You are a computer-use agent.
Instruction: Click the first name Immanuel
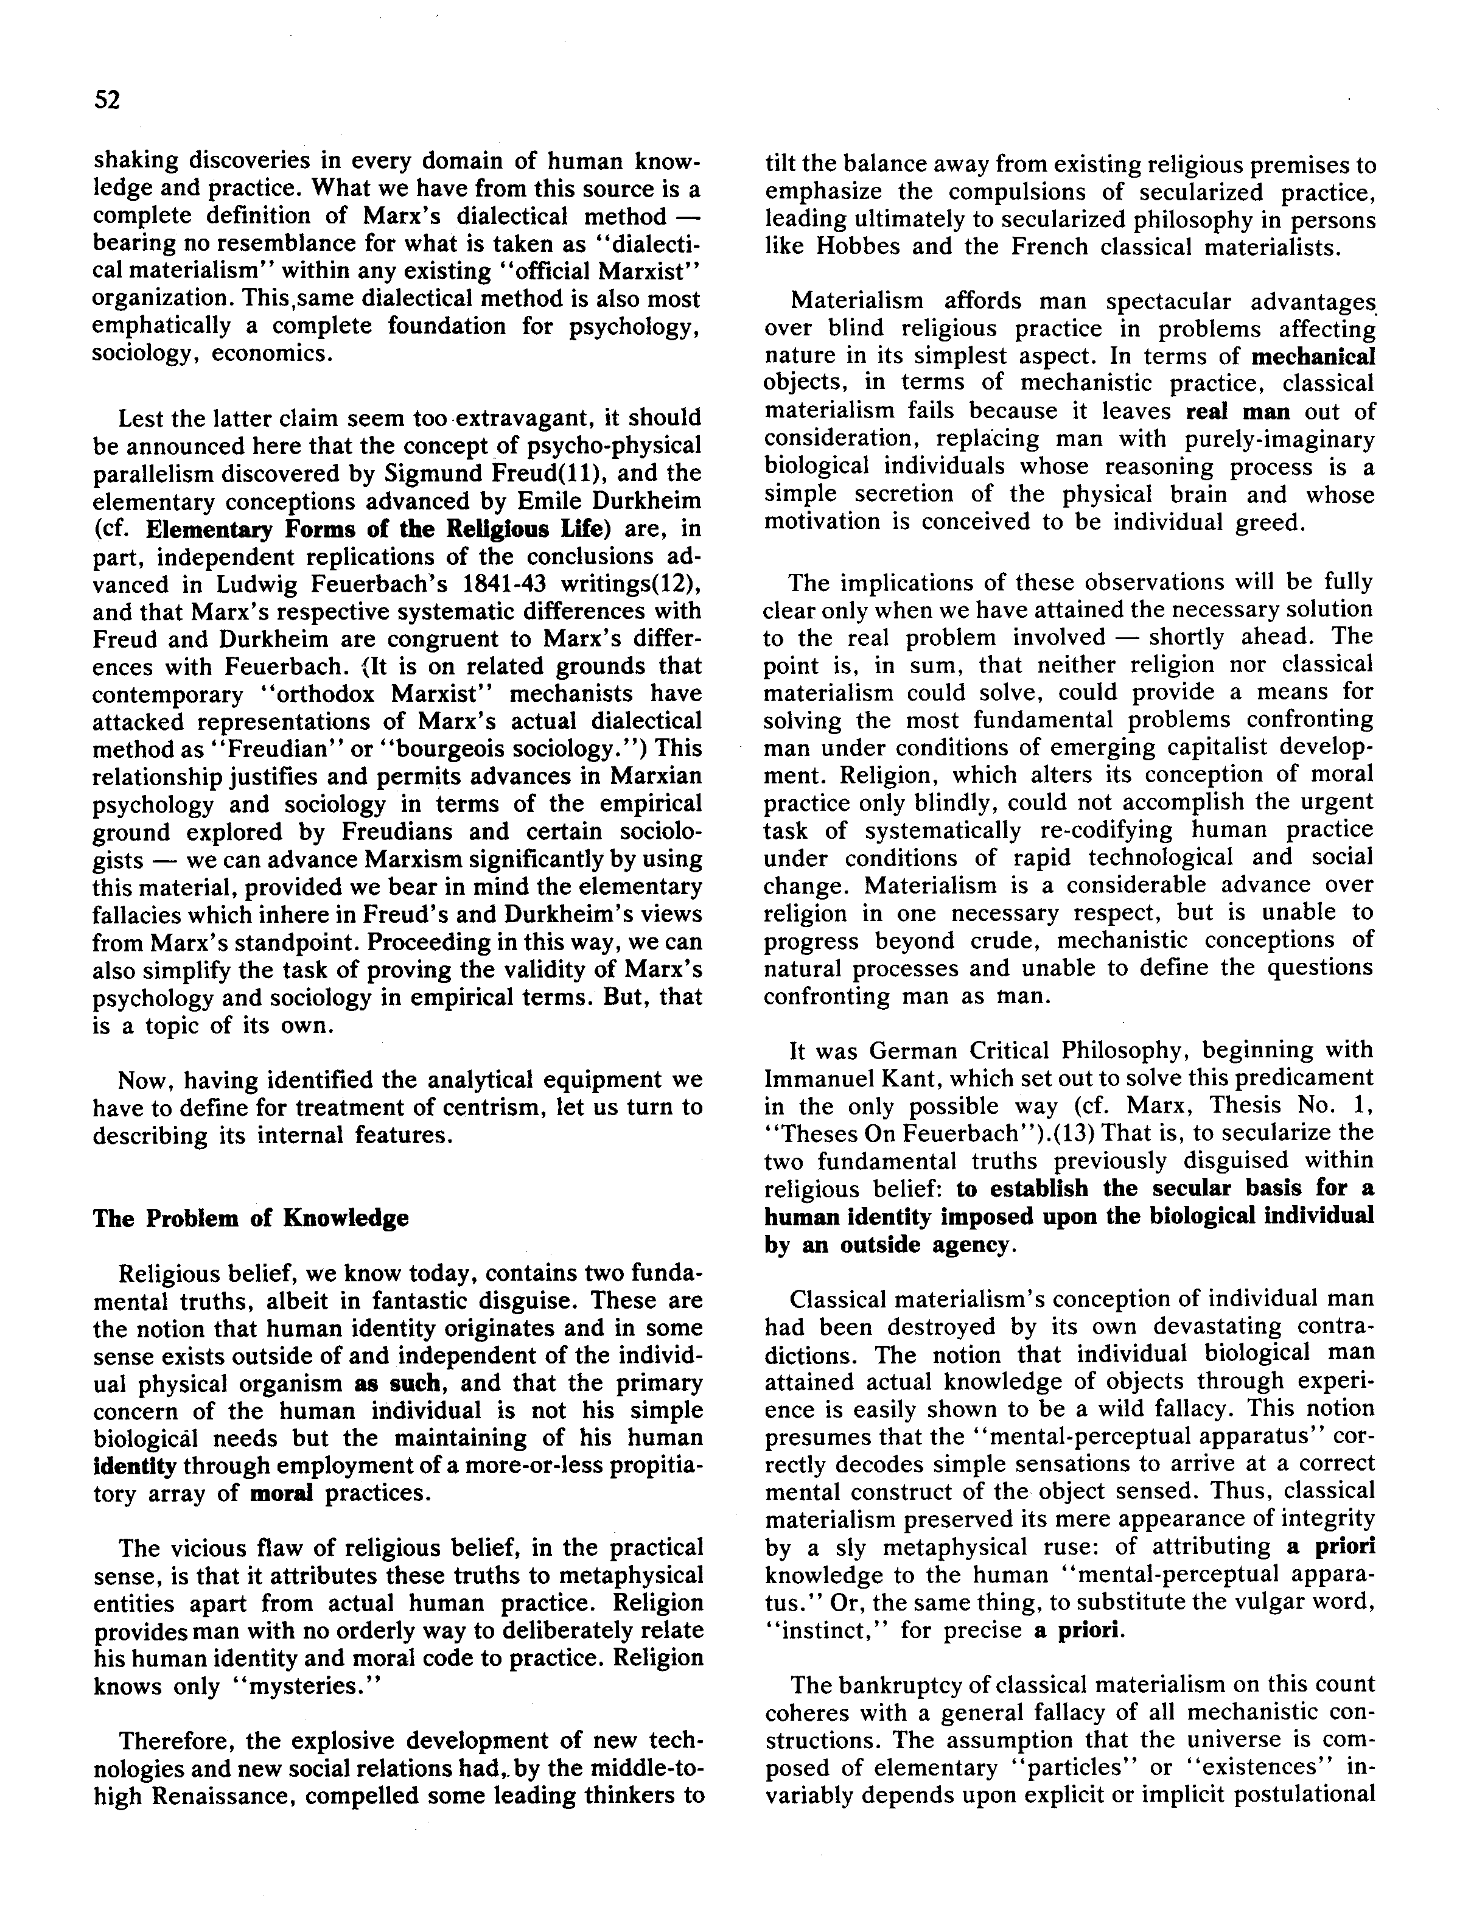tap(823, 1078)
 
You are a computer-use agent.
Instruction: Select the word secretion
tap(879, 494)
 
